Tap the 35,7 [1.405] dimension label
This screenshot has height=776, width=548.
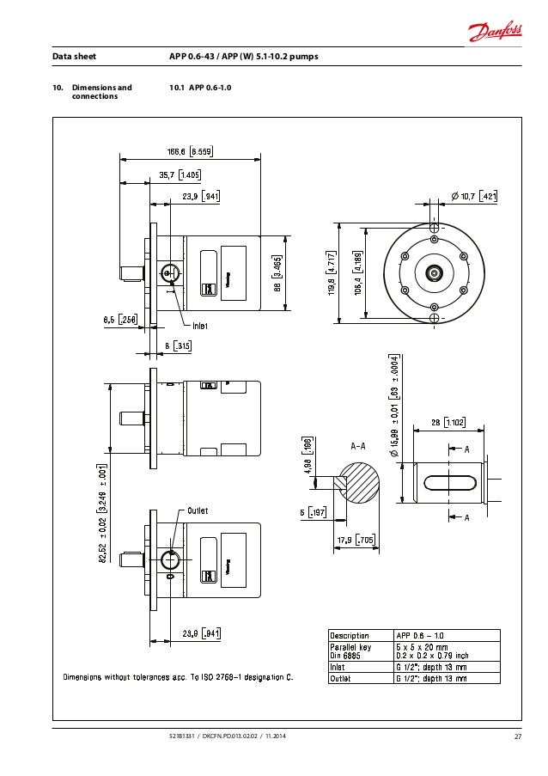click(180, 174)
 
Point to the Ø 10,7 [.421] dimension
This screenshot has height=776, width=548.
click(473, 197)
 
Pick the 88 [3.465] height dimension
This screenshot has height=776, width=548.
click(277, 272)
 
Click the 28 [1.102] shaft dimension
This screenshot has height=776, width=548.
click(448, 422)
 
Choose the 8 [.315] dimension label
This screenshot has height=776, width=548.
click(178, 346)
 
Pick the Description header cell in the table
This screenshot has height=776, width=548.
click(350, 636)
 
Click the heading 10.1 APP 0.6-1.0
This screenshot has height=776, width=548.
click(202, 88)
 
